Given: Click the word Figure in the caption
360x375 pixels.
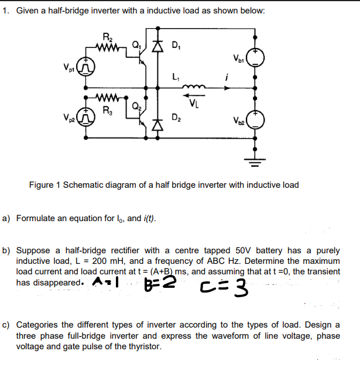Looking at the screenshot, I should pyautogui.click(x=42, y=185).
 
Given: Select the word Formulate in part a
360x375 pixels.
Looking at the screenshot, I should pyautogui.click(x=36, y=218).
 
